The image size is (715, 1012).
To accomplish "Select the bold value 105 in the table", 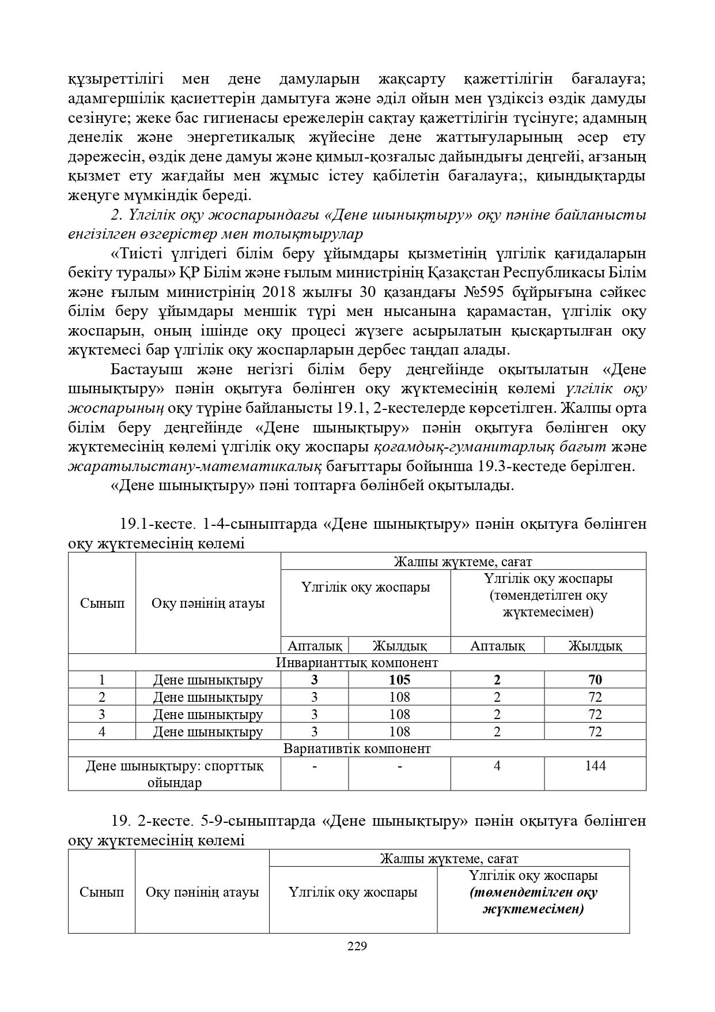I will coord(400,680).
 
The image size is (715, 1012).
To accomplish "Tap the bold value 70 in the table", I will coord(595,680).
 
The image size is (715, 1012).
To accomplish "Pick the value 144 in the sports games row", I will coord(595,766).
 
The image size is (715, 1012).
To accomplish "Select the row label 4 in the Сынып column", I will coord(102,732).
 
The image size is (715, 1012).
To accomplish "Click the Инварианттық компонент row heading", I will coord(357,663).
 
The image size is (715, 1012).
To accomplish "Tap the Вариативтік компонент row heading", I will coord(357,748).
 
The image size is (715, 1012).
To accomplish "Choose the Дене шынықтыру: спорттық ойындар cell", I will coord(175,774).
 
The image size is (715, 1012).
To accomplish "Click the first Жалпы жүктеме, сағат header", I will coord(462,561).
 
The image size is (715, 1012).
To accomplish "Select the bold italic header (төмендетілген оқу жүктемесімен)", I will coord(533,901).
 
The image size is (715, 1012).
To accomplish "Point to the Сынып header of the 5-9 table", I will coord(102,892).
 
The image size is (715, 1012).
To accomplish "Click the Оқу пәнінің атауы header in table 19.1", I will coord(208,603).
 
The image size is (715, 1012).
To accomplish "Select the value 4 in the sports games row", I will coord(497,766).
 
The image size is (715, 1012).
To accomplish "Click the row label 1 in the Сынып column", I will coord(102,680).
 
